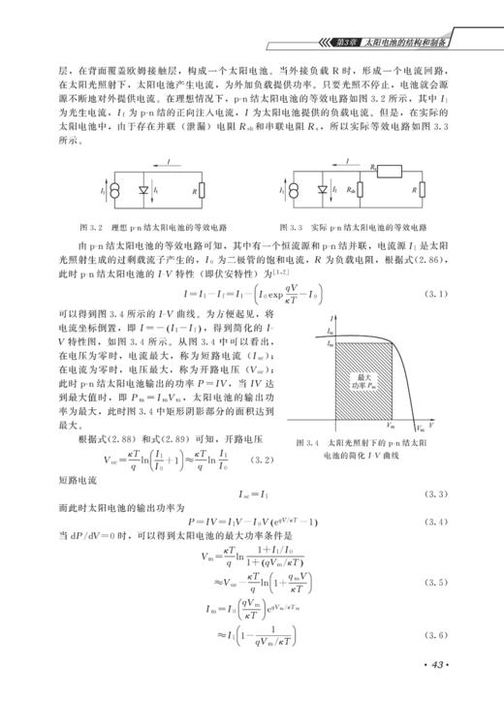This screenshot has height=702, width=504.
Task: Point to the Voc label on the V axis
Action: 420,429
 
